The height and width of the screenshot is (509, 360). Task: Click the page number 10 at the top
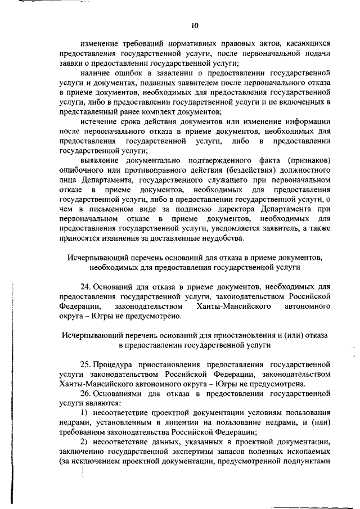(195, 25)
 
